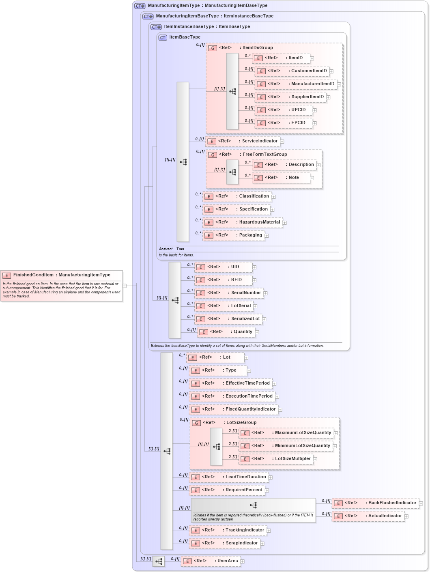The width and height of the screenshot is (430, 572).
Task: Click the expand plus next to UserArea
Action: pyautogui.click(x=243, y=562)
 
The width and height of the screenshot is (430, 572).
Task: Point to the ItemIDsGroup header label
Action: pyautogui.click(x=257, y=48)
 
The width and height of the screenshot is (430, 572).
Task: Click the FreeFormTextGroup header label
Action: pyautogui.click(x=264, y=155)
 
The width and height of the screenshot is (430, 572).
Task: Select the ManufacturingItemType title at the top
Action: pyautogui.click(x=207, y=6)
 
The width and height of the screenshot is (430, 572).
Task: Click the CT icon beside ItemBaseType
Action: pyautogui.click(x=163, y=38)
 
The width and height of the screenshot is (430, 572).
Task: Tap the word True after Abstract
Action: pyautogui.click(x=180, y=249)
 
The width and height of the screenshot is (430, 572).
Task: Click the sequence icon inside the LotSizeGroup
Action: pyautogui.click(x=216, y=447)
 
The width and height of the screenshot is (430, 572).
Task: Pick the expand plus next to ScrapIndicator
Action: pyautogui.click(x=262, y=544)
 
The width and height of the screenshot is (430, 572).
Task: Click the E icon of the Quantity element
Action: pyautogui.click(x=204, y=332)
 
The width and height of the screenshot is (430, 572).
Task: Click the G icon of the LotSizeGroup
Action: pyautogui.click(x=196, y=423)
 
